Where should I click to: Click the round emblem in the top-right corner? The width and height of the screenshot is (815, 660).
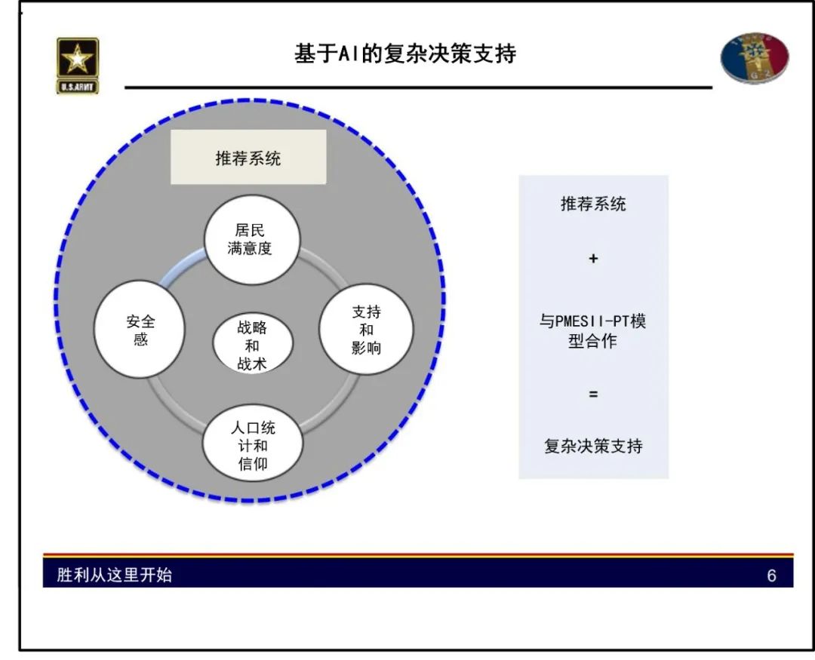(x=755, y=58)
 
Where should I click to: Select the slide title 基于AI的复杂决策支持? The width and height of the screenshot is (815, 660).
(x=405, y=54)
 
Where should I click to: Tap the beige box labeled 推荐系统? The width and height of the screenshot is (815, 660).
(x=248, y=157)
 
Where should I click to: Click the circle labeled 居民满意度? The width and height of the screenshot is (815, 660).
(x=253, y=238)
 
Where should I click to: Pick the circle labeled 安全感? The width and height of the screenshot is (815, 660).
(x=140, y=330)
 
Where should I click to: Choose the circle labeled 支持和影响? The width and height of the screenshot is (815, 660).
(x=366, y=330)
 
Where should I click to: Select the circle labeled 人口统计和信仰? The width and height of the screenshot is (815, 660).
(x=253, y=445)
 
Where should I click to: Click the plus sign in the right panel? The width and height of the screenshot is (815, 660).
(x=593, y=259)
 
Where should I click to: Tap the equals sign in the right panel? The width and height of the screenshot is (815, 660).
(x=593, y=394)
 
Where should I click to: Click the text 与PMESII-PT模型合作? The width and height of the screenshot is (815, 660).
(x=593, y=331)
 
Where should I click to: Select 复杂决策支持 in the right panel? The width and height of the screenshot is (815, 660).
(x=593, y=446)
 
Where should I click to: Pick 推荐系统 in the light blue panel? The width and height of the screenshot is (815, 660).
(x=593, y=204)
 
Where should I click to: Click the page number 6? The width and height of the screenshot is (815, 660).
(x=771, y=576)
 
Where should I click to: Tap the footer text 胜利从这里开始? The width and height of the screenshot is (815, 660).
(x=115, y=575)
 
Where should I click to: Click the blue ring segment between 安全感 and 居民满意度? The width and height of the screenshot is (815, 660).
(x=180, y=270)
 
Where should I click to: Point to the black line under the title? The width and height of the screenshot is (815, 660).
(x=418, y=87)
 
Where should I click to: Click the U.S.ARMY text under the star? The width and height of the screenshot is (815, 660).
(x=78, y=87)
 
